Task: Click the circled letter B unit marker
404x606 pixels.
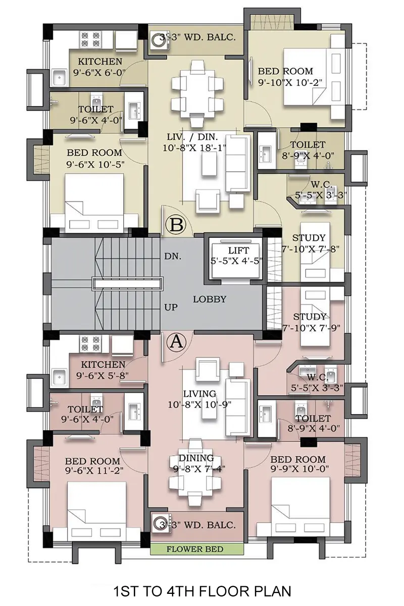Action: (176, 225)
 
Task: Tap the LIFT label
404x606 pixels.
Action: (238, 250)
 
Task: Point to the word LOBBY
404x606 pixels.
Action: (210, 299)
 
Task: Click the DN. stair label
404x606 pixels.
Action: (173, 256)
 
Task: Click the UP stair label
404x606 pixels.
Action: (171, 307)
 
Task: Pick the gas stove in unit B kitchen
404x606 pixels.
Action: (90, 39)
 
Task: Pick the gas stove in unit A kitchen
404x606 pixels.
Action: (90, 343)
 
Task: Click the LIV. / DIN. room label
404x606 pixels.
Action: (192, 137)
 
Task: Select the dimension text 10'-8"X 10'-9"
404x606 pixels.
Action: (199, 405)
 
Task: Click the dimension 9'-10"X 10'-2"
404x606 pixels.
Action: (290, 82)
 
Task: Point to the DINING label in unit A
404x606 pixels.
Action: (196, 458)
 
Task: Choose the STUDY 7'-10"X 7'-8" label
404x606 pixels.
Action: (310, 243)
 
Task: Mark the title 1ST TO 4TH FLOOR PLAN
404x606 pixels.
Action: (202, 591)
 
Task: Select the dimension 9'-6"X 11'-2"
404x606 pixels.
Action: (94, 471)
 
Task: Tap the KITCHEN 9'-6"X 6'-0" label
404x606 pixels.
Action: (100, 67)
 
